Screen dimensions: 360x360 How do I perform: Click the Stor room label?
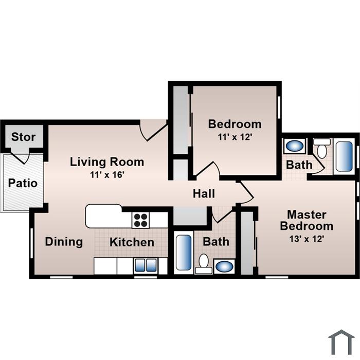pyautogui.click(x=24, y=137)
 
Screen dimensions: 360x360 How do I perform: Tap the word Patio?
pyautogui.click(x=23, y=183)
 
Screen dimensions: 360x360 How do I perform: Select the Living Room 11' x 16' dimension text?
pyautogui.click(x=107, y=175)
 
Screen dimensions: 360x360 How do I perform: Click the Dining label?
pyautogui.click(x=64, y=242)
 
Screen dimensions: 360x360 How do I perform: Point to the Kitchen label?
pyautogui.click(x=132, y=242)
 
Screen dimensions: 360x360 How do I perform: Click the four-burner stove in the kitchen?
pyautogui.click(x=140, y=220)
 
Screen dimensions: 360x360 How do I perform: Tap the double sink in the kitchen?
pyautogui.click(x=146, y=265)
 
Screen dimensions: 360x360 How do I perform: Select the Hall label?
pyautogui.click(x=204, y=193)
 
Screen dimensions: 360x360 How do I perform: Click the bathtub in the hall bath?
pyautogui.click(x=184, y=253)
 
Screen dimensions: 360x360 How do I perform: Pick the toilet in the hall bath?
pyautogui.click(x=204, y=264)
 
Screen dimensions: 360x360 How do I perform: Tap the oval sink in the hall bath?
pyautogui.click(x=224, y=266)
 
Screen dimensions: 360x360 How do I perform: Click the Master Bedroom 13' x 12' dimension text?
pyautogui.click(x=307, y=239)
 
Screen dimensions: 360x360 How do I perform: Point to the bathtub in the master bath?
pyautogui.click(x=344, y=156)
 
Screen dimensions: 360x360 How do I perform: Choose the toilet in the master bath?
pyautogui.click(x=322, y=148)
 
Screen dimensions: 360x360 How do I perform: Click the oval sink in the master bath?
pyautogui.click(x=295, y=146)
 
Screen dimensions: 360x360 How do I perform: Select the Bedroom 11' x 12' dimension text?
pyautogui.click(x=235, y=137)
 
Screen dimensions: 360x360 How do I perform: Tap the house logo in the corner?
pyautogui.click(x=341, y=343)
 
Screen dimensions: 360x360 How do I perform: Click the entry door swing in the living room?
pyautogui.click(x=153, y=130)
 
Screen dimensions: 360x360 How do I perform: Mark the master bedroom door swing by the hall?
pyautogui.click(x=245, y=192)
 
